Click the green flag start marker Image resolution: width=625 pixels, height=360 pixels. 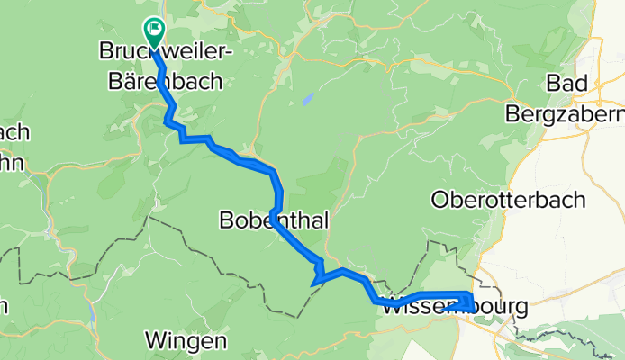[154, 33]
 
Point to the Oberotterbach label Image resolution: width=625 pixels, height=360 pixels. [509, 199]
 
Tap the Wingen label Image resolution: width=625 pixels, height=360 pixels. [185, 342]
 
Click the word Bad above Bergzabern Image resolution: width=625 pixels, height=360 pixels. [566, 84]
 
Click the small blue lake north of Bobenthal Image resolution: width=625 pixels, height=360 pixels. [307, 98]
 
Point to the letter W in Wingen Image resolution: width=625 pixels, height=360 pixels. [156, 342]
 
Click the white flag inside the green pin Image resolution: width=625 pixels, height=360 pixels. [154, 31]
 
